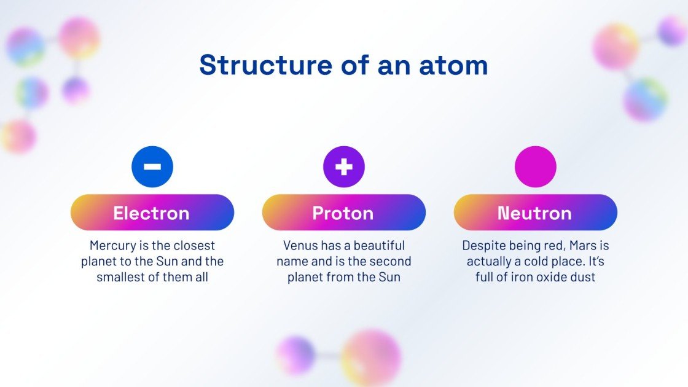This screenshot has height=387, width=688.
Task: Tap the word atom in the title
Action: click(454, 65)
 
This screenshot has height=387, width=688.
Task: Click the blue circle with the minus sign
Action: click(152, 166)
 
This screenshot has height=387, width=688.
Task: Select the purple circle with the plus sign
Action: click(344, 166)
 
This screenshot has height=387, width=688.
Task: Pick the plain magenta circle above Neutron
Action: click(536, 166)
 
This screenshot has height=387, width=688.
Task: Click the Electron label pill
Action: click(152, 213)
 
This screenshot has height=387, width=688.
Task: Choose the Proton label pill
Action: click(344, 213)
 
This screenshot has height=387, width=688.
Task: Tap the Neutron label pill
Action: click(536, 213)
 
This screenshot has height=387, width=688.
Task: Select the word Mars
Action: click(582, 246)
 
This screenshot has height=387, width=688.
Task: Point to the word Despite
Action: click(483, 246)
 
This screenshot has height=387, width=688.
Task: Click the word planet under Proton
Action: click(308, 277)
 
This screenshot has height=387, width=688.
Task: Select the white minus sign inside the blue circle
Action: click(152, 166)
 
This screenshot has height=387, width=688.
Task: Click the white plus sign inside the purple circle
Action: click(344, 166)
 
